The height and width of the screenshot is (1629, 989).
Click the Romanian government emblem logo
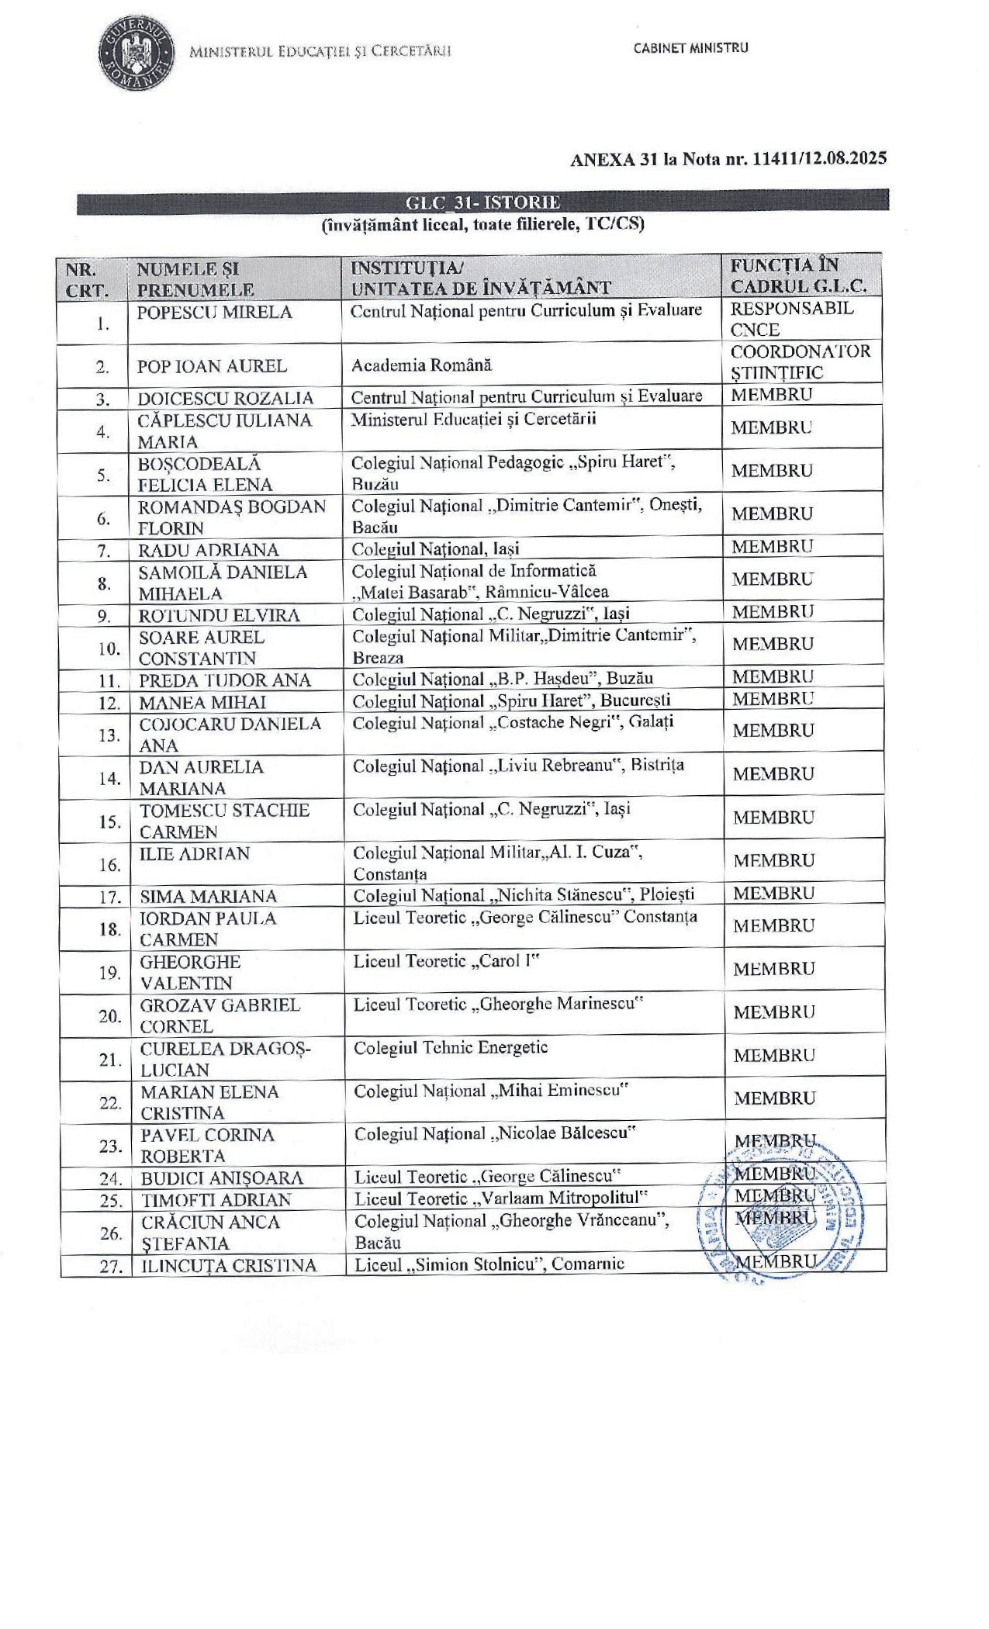[136, 53]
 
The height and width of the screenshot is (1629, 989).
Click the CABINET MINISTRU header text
[690, 48]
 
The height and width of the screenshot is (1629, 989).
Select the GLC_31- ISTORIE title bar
[482, 202]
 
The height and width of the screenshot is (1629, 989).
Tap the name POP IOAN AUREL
[212, 366]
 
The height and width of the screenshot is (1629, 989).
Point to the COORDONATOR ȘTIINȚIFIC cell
[801, 361]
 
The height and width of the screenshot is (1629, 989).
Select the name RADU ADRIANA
[208, 551]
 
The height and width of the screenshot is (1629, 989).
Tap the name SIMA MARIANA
[208, 897]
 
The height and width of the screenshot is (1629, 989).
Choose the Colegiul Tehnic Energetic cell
[451, 1048]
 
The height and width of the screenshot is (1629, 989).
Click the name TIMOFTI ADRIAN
[216, 1200]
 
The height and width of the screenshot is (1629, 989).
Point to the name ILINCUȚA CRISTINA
[228, 1266]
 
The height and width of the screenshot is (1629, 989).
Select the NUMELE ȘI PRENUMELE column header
[195, 279]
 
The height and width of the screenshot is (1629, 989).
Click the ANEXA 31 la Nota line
[728, 160]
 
